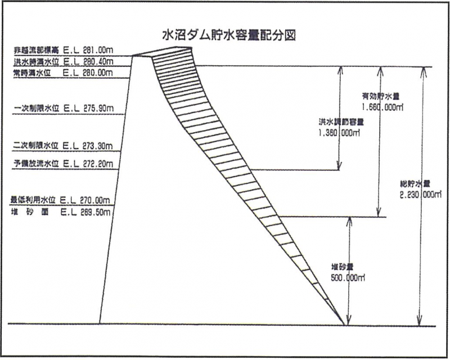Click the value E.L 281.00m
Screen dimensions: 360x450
point(89,50)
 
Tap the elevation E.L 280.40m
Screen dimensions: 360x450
point(89,61)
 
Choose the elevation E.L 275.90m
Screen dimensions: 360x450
point(89,107)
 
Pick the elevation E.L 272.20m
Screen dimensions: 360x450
point(89,164)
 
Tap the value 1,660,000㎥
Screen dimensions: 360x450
point(384,105)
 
